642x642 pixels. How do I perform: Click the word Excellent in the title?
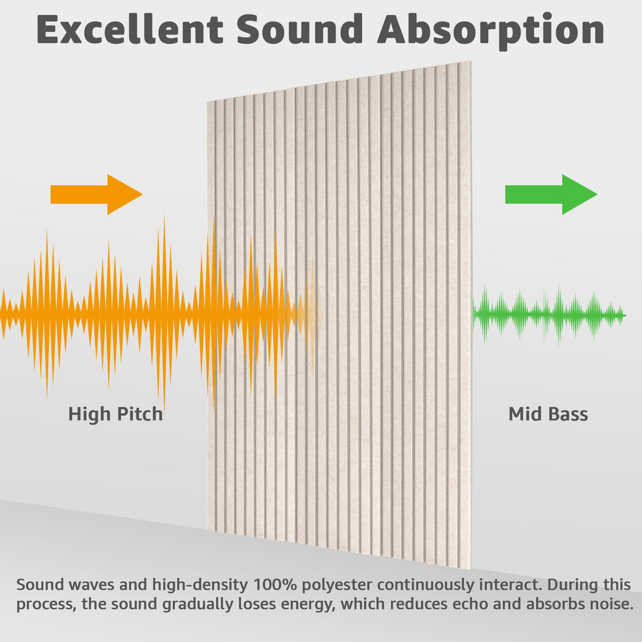130,29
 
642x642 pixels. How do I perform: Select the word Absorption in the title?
491,30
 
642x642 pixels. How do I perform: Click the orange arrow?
96,194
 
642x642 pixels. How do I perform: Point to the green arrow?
551,194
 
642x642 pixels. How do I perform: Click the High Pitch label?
115,414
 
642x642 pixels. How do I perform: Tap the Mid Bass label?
548,414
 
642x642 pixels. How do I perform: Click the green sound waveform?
548,315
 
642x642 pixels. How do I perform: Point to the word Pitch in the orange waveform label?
140,414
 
